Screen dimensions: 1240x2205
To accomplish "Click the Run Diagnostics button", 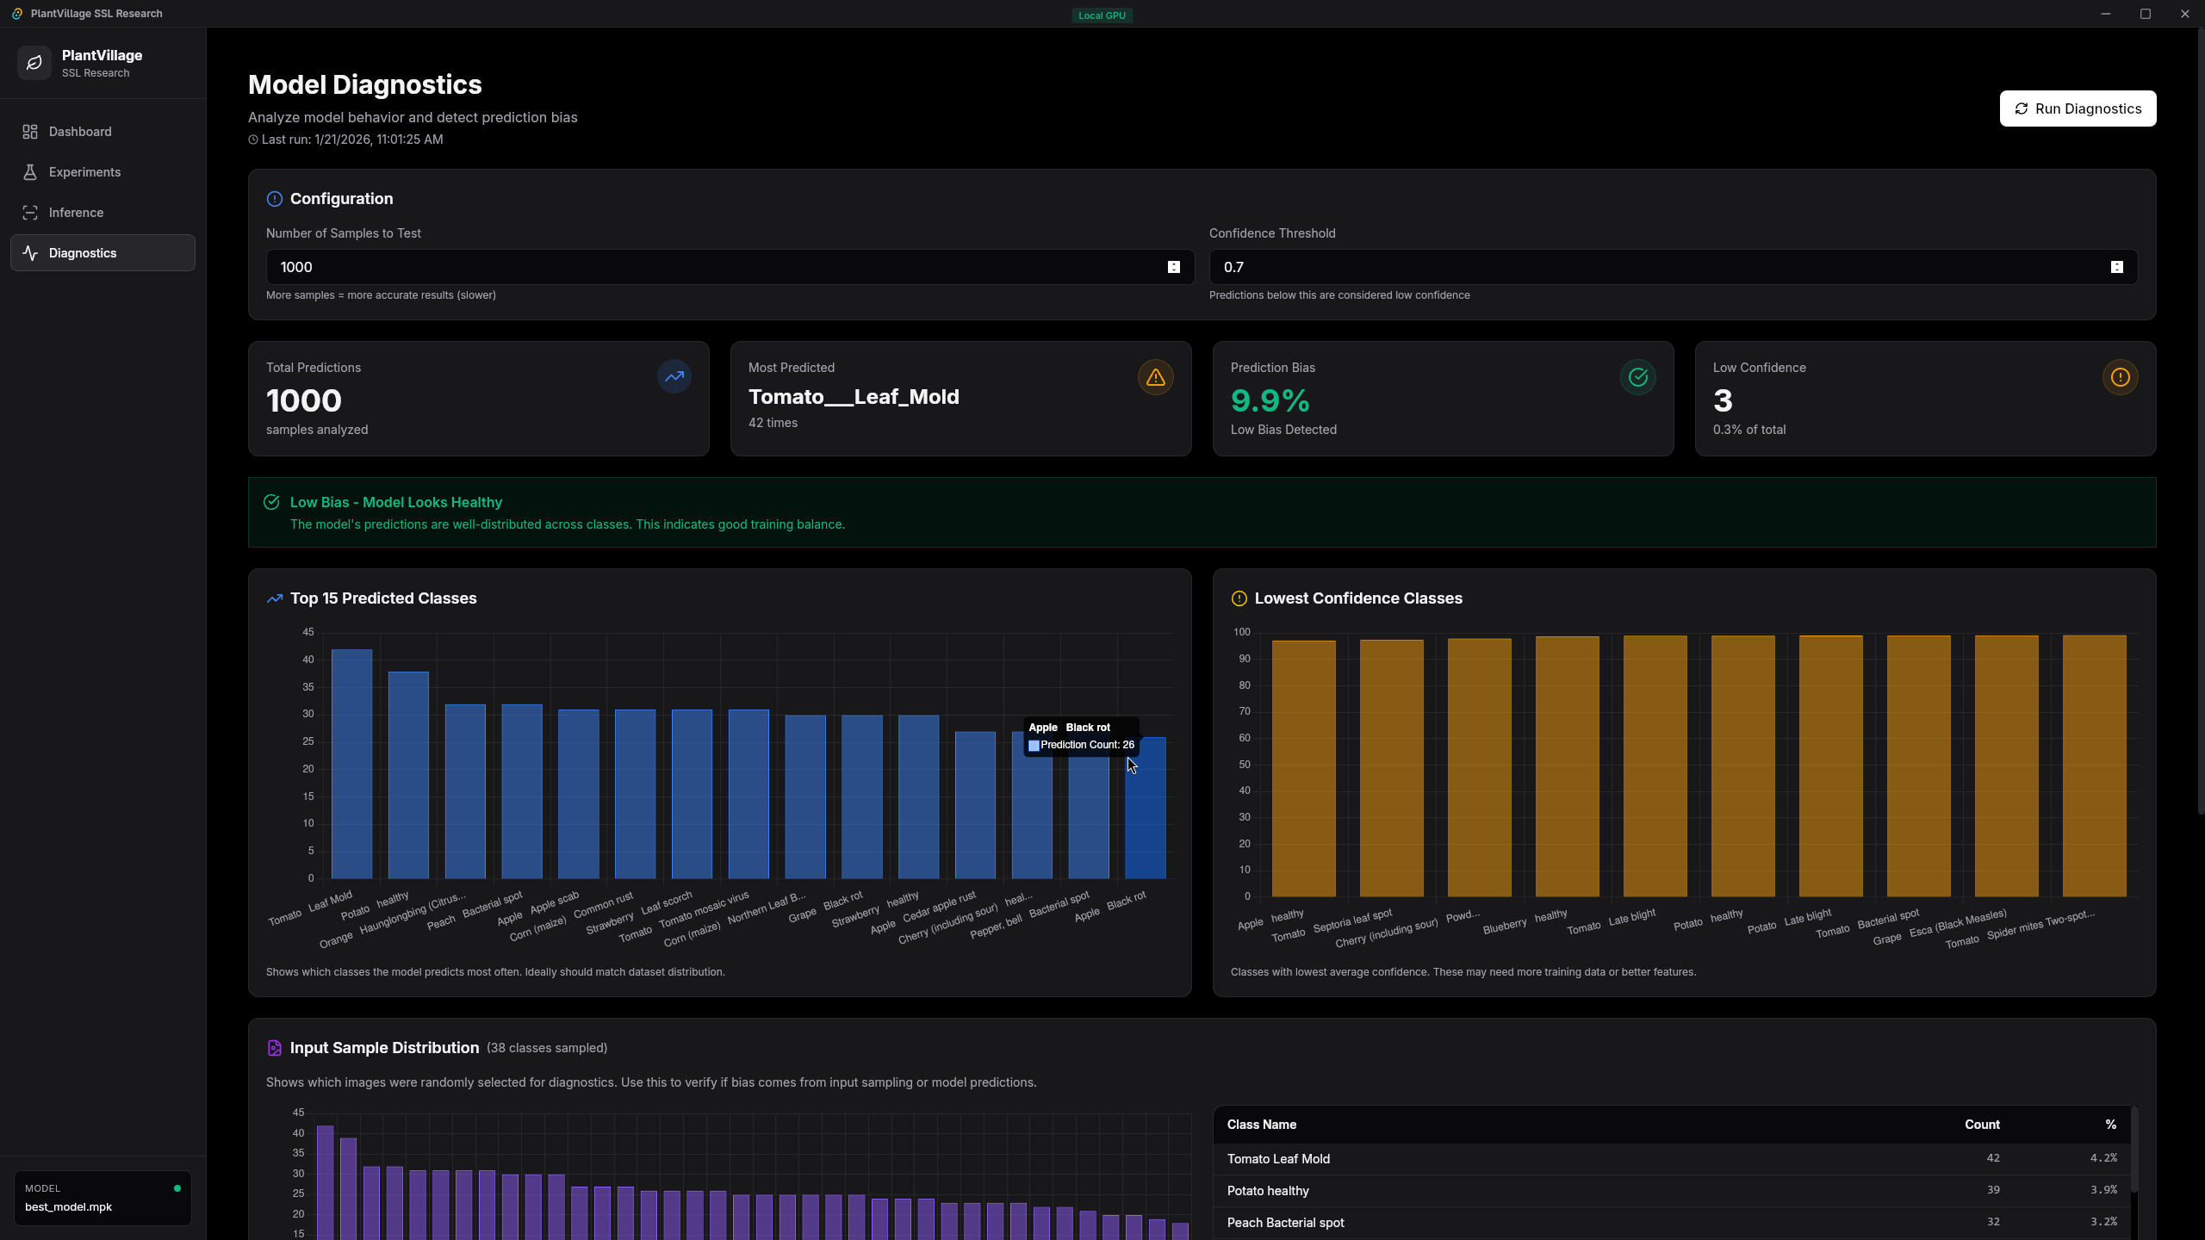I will (x=2078, y=108).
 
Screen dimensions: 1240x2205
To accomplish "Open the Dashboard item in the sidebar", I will (x=80, y=132).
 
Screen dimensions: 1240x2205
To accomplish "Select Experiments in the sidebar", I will (x=84, y=172).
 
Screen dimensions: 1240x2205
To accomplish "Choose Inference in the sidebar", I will (x=76, y=213).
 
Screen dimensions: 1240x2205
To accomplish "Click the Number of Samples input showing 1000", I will (x=715, y=267).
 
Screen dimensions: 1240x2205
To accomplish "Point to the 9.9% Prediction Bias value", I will (x=1270, y=400).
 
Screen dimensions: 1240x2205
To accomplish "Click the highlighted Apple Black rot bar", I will (x=1146, y=809).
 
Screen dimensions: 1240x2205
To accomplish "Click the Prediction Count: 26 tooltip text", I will (x=1087, y=745).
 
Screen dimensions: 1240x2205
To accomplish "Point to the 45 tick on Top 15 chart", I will (x=308, y=632).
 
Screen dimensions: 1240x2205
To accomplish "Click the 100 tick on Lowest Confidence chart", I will (x=1241, y=632).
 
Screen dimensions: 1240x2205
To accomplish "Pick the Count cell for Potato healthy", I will (x=1992, y=1190).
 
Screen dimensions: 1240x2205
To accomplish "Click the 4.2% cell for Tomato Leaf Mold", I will (x=2103, y=1158).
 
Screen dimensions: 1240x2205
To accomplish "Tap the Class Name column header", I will (x=1261, y=1125).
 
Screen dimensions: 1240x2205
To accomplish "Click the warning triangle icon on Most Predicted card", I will (x=1155, y=377).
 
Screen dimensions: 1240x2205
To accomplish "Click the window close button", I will (x=2184, y=14).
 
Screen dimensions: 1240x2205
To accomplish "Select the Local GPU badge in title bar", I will (x=1102, y=15).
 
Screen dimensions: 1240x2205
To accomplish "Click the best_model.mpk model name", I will (x=68, y=1206).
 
